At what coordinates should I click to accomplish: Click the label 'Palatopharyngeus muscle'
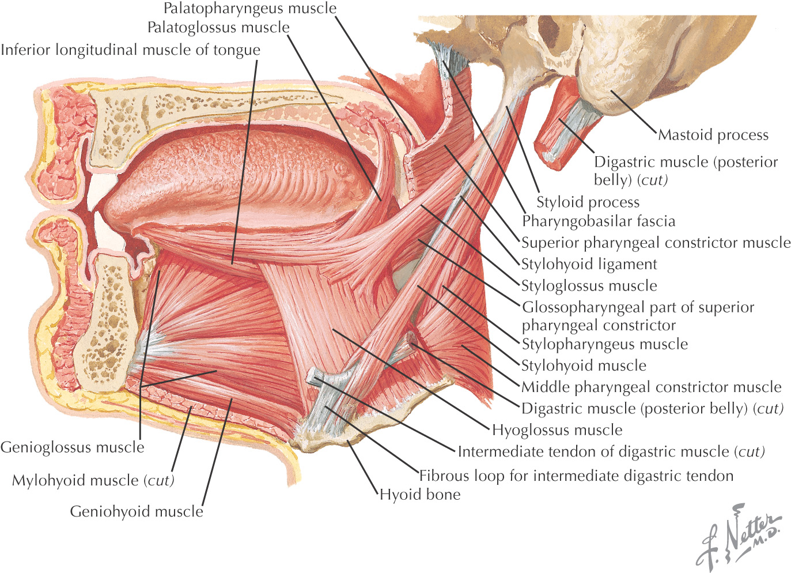pos(249,9)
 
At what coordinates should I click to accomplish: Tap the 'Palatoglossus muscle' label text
pos(218,28)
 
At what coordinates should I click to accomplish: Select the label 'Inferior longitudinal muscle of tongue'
pos(130,50)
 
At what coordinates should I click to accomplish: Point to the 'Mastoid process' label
pos(713,135)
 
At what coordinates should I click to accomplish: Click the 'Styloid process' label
pos(588,202)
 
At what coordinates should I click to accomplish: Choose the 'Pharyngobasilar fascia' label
pos(599,221)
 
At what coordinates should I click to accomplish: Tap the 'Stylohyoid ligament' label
pos(589,265)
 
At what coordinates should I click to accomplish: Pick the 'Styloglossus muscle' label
pos(589,286)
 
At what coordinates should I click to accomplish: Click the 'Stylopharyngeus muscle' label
pos(605,345)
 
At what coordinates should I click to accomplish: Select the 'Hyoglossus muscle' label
pos(557,430)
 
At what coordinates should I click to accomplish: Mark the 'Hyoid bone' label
pos(420,495)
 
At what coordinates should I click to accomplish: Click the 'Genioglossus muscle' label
pos(73,447)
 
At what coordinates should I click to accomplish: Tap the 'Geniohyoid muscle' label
pos(137,511)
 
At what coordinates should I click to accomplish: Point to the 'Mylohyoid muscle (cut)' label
pos(93,480)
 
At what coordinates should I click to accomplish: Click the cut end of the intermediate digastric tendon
pos(314,378)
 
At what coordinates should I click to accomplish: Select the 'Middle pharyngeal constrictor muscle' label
pos(651,387)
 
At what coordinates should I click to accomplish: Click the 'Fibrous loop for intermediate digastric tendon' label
pos(576,476)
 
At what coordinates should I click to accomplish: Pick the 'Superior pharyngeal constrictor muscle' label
pos(656,243)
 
